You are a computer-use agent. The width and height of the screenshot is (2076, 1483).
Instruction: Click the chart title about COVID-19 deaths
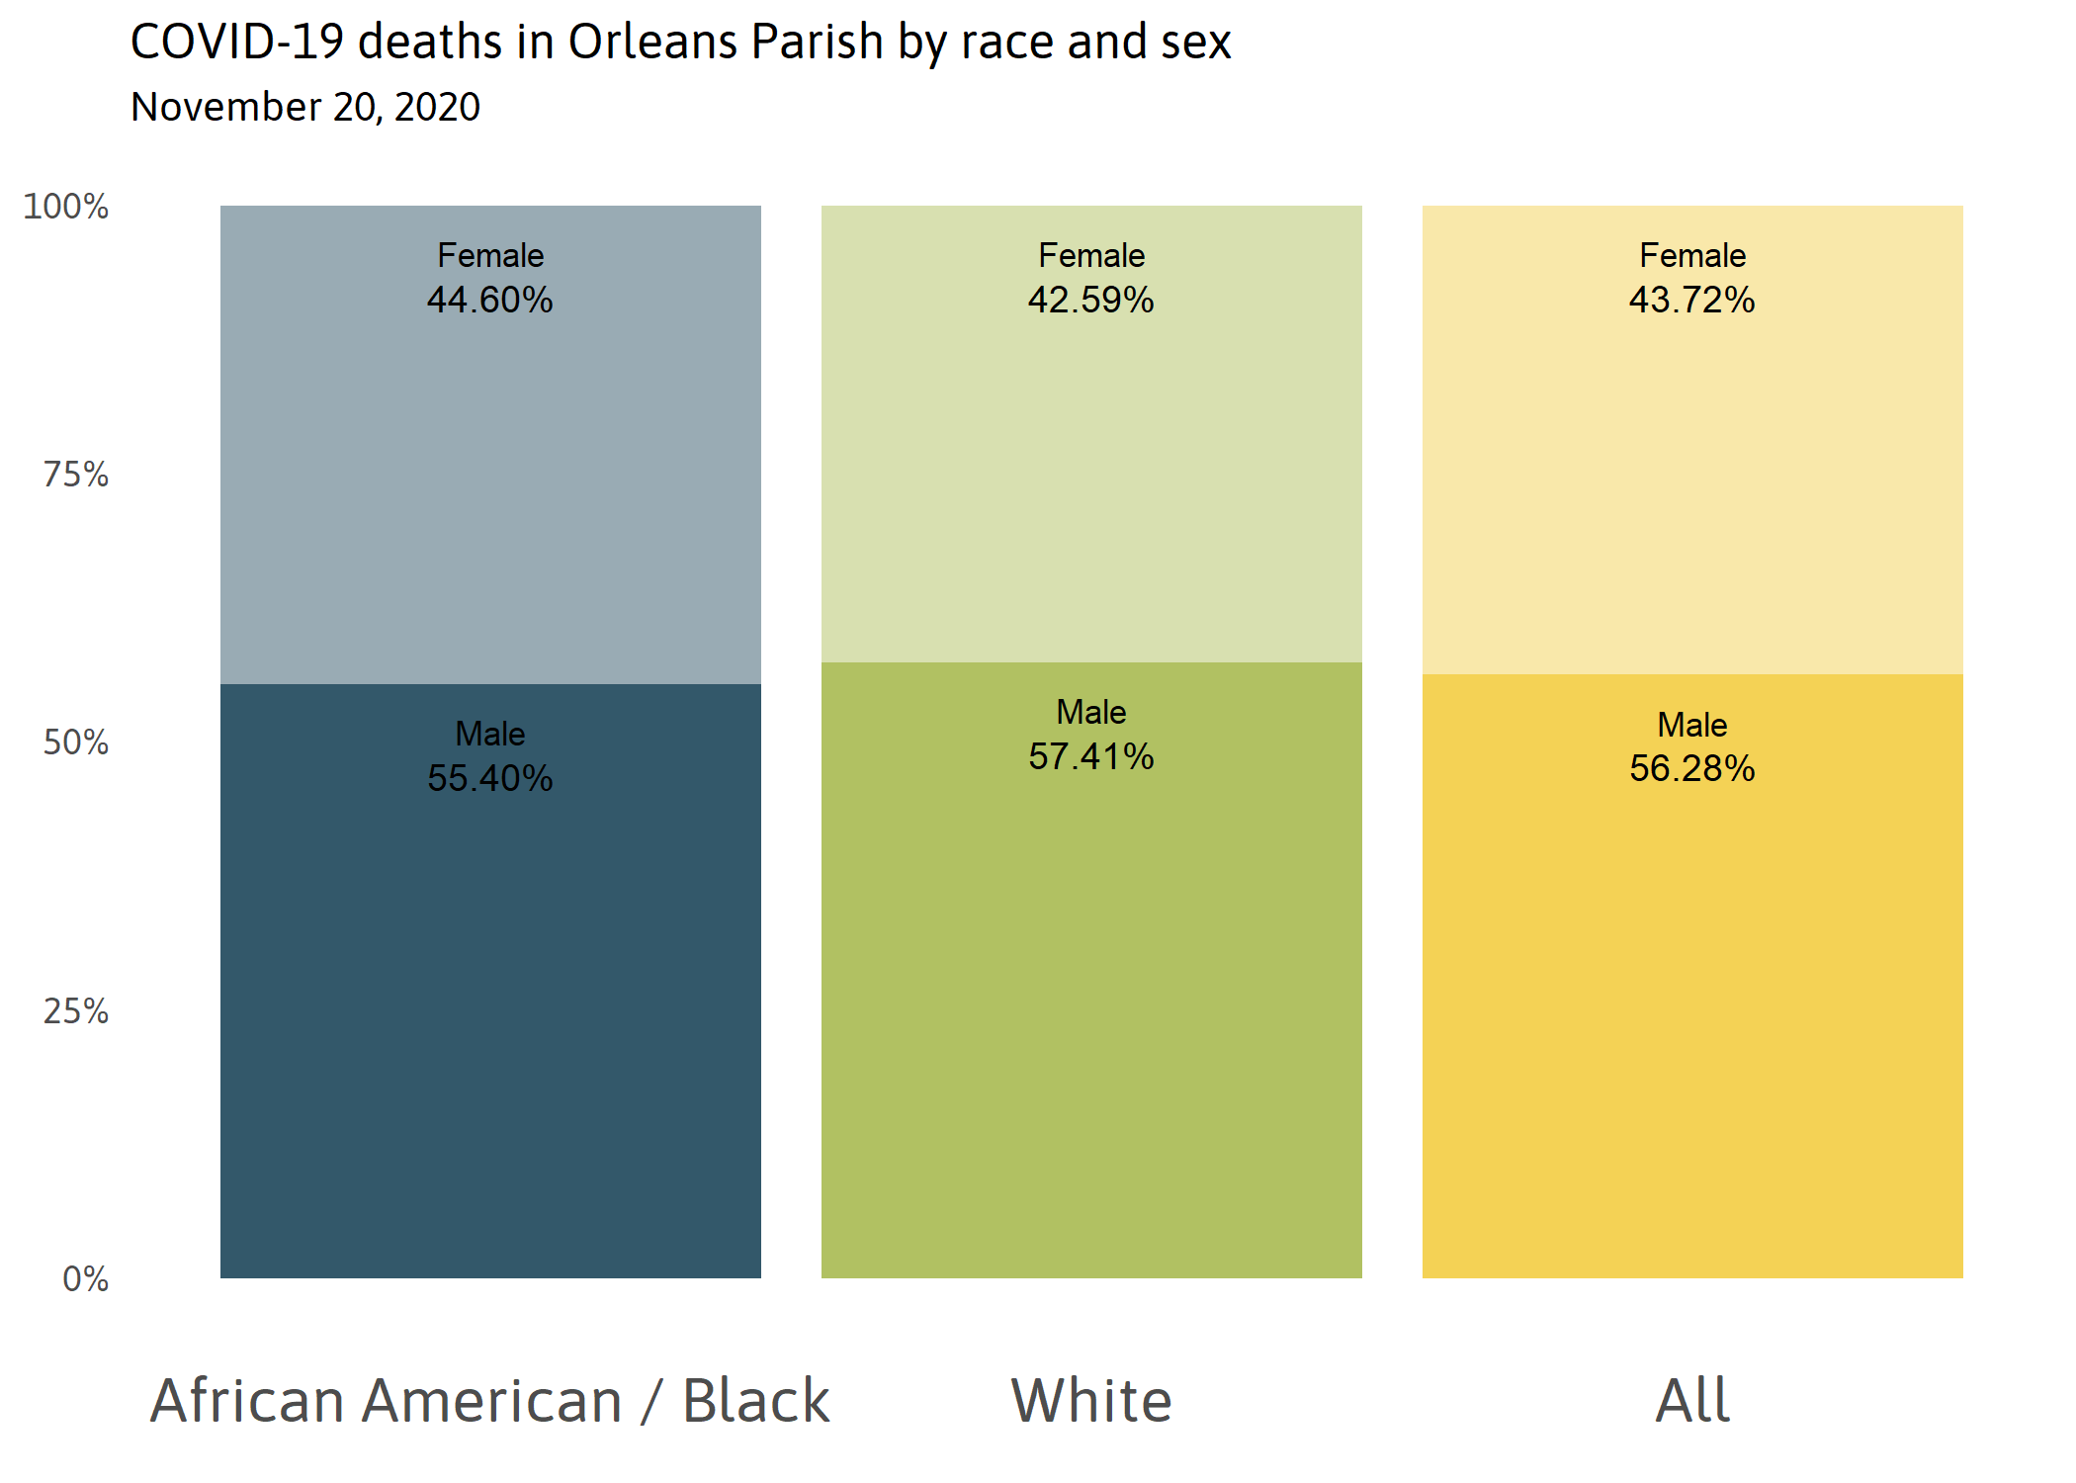680,44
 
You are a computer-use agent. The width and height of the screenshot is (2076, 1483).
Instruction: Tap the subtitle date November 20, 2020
305,107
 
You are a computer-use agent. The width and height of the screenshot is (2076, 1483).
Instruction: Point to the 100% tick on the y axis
66,207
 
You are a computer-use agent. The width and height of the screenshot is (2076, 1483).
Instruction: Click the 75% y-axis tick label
76,475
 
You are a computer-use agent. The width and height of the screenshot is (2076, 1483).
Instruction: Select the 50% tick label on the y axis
76,742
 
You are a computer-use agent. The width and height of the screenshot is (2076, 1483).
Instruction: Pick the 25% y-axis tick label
76,1011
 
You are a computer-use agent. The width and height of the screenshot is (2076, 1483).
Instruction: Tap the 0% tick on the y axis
86,1279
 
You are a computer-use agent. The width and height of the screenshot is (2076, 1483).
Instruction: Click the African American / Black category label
490,1401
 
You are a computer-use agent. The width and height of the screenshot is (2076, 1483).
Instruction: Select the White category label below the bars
1091,1401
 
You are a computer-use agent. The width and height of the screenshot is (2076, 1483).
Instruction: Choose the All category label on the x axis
1692,1401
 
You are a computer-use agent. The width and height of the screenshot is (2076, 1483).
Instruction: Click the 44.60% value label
490,301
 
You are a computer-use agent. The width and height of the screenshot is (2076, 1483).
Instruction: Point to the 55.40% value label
490,779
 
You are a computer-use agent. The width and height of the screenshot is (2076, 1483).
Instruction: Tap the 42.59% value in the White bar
1091,301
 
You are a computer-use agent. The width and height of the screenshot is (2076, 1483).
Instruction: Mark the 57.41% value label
1091,757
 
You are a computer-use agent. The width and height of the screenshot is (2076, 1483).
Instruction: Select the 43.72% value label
1692,301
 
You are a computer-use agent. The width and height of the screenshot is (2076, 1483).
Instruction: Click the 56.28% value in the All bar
1692,769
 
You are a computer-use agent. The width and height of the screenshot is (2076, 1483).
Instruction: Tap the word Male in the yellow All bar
1692,726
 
